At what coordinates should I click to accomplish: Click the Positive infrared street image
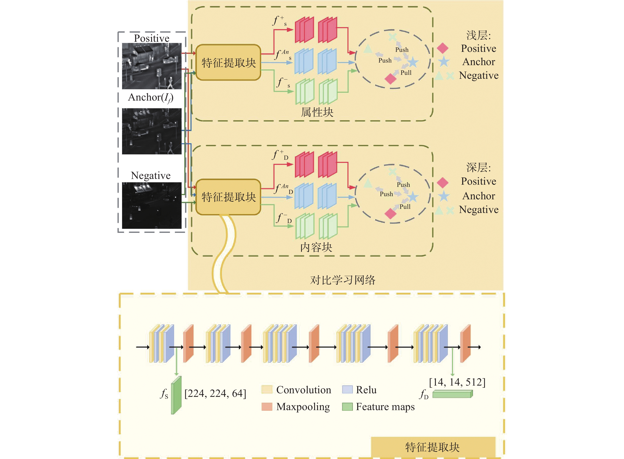click(152, 66)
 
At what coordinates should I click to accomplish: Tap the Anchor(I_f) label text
click(151, 98)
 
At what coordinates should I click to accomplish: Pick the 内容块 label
click(316, 247)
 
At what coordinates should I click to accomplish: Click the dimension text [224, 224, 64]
click(215, 393)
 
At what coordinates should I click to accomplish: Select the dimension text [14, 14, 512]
click(457, 382)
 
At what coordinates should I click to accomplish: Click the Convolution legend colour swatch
click(267, 390)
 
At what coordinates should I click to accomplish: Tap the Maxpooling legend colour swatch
click(267, 407)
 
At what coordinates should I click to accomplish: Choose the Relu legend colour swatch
click(347, 390)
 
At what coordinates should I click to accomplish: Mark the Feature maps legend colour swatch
click(347, 407)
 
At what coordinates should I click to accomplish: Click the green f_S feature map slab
click(176, 395)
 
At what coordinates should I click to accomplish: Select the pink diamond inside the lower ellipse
click(390, 213)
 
